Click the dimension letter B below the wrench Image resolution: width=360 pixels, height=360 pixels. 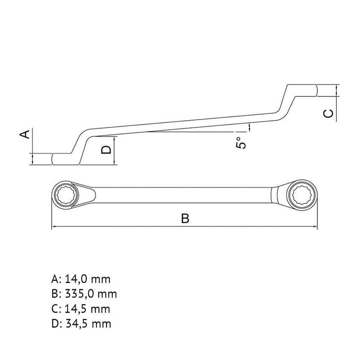click(185, 219)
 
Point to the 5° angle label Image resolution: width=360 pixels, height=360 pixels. click(241, 143)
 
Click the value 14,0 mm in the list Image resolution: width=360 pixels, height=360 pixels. click(88, 279)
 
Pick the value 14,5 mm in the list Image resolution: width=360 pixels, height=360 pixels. click(88, 309)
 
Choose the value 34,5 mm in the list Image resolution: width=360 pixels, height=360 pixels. click(88, 324)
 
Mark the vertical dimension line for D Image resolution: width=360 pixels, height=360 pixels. click(115, 151)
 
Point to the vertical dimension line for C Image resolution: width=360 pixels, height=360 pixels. click(338, 90)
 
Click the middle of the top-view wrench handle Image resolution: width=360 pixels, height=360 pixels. click(184, 194)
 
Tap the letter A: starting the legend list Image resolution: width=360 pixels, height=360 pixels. click(56, 279)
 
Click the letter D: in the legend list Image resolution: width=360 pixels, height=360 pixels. click(56, 324)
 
